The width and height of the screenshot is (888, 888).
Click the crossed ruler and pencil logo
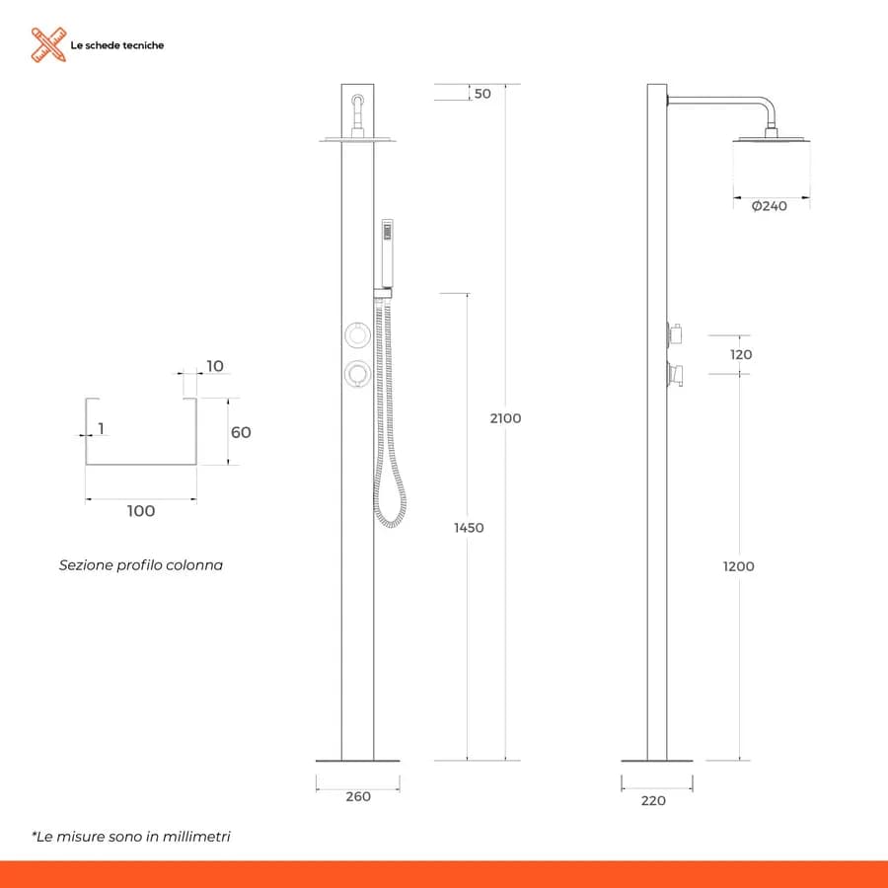(48, 44)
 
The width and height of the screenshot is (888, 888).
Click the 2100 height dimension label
(505, 418)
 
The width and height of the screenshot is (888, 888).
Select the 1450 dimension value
(469, 528)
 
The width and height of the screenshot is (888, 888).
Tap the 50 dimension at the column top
(482, 94)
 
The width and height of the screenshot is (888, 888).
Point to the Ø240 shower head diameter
(769, 206)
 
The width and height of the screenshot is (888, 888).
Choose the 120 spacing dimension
(741, 355)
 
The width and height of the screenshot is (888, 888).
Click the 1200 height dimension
(738, 566)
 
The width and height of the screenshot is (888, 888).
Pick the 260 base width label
(358, 797)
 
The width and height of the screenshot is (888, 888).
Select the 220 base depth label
(653, 801)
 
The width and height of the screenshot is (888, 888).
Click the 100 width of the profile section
(141, 511)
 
